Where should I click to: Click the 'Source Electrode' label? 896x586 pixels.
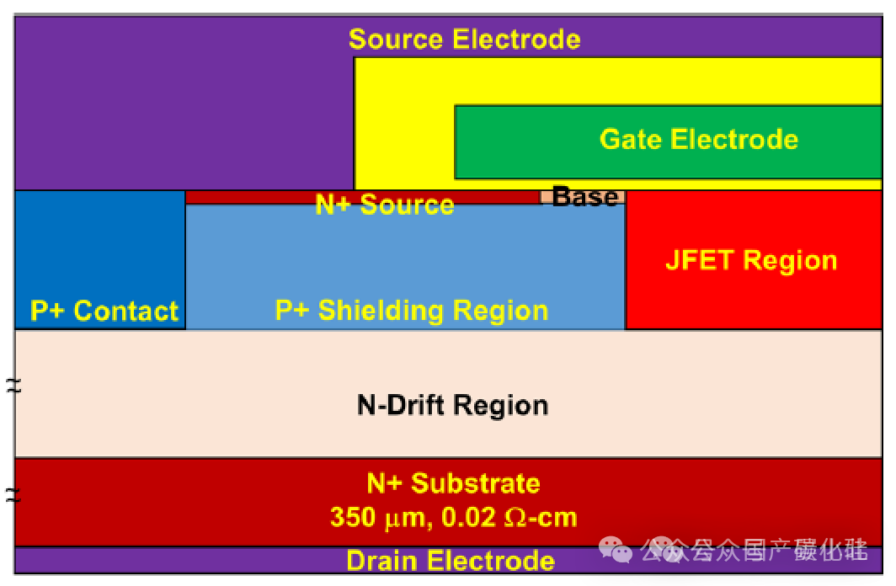point(464,40)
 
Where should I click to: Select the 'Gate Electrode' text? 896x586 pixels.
point(698,139)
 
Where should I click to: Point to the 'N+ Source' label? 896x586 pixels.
point(385,205)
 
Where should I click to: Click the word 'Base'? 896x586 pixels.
point(585,197)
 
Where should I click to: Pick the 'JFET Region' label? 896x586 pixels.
point(751,260)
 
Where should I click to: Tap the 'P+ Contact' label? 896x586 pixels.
point(104,312)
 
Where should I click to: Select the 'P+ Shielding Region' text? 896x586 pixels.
point(412,311)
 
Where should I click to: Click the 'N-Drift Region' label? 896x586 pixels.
point(452,405)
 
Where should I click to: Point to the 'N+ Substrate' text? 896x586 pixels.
point(453,483)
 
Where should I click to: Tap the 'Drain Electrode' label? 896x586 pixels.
point(450,561)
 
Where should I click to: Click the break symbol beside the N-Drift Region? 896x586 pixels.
point(13,386)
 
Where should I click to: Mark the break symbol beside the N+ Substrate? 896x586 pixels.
point(13,494)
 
